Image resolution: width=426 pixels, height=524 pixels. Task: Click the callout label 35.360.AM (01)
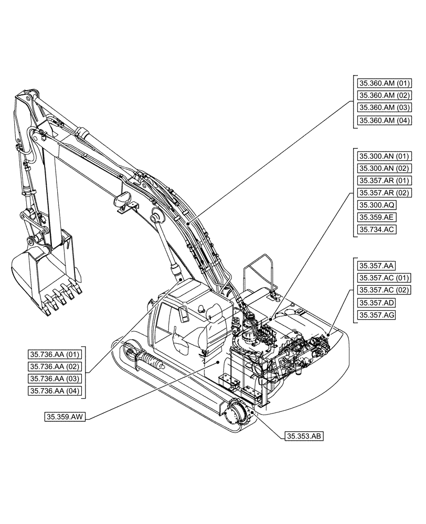tap(384, 83)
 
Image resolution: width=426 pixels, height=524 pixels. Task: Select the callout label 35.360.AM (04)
tap(384, 120)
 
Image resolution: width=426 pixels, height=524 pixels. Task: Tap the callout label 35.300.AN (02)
tap(384, 168)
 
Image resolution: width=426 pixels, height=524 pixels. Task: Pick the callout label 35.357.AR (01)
tap(384, 180)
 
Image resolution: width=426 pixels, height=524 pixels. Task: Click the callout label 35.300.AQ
tap(377, 205)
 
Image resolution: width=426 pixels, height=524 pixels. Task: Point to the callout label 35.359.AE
tap(377, 217)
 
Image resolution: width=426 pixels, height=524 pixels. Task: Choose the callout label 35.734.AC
tap(377, 230)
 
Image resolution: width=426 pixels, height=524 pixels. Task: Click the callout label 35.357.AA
tap(377, 266)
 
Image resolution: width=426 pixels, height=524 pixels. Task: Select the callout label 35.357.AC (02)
tap(384, 290)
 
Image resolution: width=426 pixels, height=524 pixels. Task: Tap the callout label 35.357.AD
tap(377, 302)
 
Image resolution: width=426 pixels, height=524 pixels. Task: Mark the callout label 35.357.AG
tap(377, 315)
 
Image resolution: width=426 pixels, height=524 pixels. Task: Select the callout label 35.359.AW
tap(66, 417)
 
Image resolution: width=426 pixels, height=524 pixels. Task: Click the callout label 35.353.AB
tap(305, 435)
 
